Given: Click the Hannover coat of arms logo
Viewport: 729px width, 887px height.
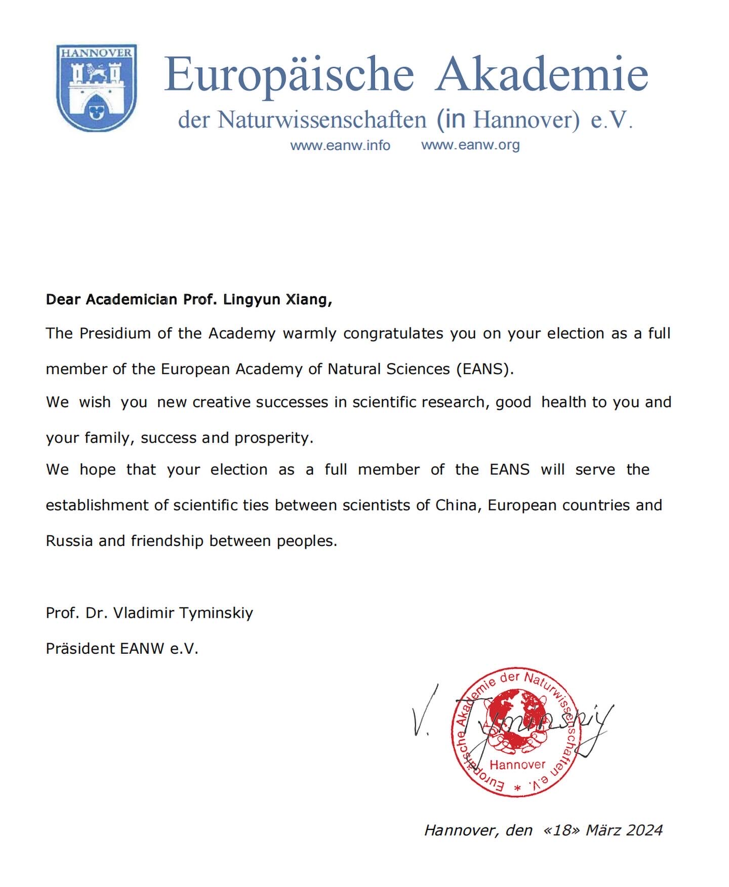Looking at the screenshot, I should point(96,88).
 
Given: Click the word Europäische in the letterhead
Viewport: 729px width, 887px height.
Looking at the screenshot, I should point(289,74).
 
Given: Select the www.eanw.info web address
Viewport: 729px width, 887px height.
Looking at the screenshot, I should point(340,146).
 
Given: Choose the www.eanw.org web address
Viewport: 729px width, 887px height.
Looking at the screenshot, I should point(470,145).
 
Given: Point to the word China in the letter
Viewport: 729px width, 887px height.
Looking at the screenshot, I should point(458,505).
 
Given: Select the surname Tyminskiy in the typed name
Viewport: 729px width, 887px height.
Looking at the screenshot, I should point(216,613).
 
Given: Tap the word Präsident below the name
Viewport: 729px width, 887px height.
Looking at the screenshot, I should point(80,649).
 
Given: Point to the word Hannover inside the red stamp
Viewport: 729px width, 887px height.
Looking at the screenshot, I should point(517,765).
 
